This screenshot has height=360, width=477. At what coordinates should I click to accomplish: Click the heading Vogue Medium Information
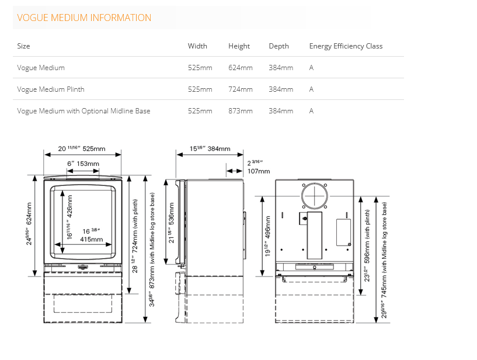[84, 18]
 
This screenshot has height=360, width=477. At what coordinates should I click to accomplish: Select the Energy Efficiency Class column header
[346, 46]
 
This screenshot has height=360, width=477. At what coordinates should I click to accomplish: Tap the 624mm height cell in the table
[241, 68]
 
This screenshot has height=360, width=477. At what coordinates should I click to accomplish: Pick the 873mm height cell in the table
[241, 111]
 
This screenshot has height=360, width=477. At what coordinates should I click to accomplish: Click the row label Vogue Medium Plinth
[51, 89]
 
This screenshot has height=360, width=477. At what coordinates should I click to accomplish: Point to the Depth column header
[279, 46]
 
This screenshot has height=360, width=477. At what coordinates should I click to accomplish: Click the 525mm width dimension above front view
[82, 148]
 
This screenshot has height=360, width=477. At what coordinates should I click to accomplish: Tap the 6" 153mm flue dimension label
[83, 164]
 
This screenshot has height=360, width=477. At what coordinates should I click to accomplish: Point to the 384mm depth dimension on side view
[210, 148]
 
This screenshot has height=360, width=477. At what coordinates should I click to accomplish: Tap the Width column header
[197, 46]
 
